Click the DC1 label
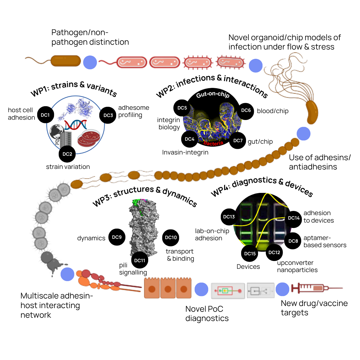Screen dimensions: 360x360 pos(45,115)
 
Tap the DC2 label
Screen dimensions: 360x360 pos(67,154)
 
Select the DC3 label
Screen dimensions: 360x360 pos(108,115)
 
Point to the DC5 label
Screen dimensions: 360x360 pos(182,108)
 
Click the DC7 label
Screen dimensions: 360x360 pos(238,140)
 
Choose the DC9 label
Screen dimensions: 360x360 pos(117,237)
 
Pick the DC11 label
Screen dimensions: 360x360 pos(139,260)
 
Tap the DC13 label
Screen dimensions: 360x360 pos(229,217)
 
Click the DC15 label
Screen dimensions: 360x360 pos(250,253)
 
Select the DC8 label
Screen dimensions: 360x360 pos(293,241)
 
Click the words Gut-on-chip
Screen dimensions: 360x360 pos(213,95)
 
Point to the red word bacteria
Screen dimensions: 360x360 pos(213,143)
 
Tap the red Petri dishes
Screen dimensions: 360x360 pos(89,138)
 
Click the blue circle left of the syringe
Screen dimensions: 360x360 pos(283,289)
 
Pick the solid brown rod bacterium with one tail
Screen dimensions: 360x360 pos(66,61)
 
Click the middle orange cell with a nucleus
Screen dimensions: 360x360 pos(168,288)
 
